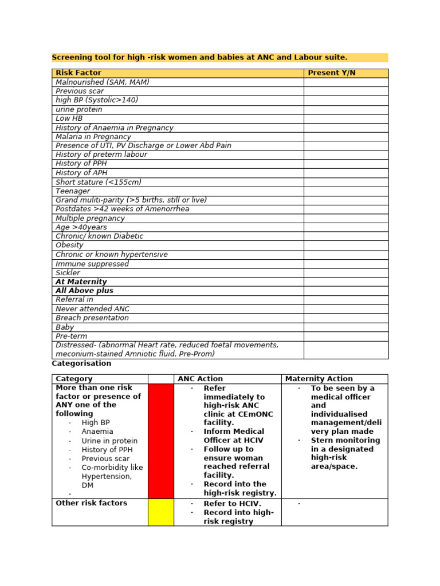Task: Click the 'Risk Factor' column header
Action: (x=78, y=73)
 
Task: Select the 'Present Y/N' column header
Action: (x=331, y=73)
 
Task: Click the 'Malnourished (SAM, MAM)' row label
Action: (x=102, y=82)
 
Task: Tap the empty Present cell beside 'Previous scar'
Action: (x=345, y=91)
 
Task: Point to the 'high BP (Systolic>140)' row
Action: (x=97, y=100)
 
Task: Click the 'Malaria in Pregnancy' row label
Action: (x=93, y=137)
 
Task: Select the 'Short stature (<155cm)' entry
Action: (x=98, y=182)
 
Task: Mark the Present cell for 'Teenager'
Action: (x=345, y=191)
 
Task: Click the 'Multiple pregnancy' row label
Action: (x=90, y=218)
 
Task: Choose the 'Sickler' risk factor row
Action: (x=68, y=273)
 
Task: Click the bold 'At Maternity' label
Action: (x=81, y=282)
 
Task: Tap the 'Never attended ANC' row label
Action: (x=92, y=309)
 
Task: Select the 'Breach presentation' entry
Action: (x=92, y=318)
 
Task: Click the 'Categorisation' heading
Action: (x=81, y=363)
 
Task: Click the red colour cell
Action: (x=160, y=441)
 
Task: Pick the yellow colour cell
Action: (x=160, y=512)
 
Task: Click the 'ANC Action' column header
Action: (x=200, y=379)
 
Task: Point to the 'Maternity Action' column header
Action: (x=319, y=379)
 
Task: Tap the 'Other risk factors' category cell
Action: (x=91, y=503)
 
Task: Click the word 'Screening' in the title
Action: (x=71, y=57)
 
